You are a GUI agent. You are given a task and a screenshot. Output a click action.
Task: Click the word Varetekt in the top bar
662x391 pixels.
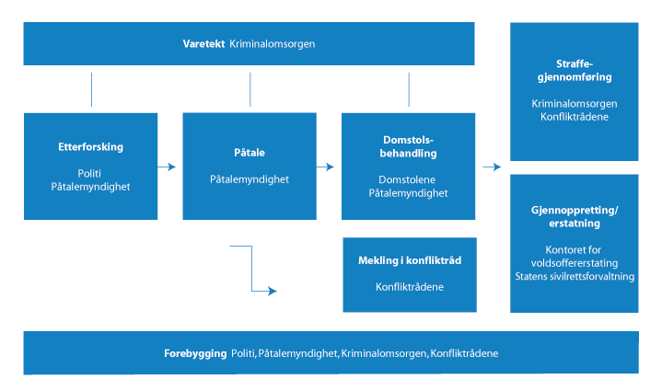coord(203,44)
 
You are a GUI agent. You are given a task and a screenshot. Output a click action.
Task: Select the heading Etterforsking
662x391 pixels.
coord(90,147)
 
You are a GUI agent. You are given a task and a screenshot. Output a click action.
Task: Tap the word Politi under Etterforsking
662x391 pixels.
coord(90,172)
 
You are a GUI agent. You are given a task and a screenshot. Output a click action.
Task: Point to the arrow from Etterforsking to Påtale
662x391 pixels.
coord(166,167)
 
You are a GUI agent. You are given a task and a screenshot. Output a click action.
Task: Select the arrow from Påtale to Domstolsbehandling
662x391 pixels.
coord(324,167)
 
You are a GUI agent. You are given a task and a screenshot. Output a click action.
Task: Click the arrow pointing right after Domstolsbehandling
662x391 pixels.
coord(491,167)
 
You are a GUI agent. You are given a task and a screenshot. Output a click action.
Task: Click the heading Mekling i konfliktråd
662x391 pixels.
coord(409,260)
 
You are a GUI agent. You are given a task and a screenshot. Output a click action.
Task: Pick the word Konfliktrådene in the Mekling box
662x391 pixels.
coord(409,287)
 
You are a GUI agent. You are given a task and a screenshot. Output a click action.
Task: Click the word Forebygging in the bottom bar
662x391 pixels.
coord(196,353)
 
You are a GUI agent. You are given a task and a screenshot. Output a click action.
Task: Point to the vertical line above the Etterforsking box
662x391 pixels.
coord(91,89)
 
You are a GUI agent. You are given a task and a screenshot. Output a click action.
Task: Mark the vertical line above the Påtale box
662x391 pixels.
coord(250,89)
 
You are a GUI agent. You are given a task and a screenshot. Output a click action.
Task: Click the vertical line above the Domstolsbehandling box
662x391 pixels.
coord(408,89)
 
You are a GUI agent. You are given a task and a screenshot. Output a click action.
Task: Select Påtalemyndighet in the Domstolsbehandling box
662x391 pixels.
coord(408,193)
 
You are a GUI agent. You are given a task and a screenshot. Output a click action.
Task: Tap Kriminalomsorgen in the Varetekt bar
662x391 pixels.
coord(273,44)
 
